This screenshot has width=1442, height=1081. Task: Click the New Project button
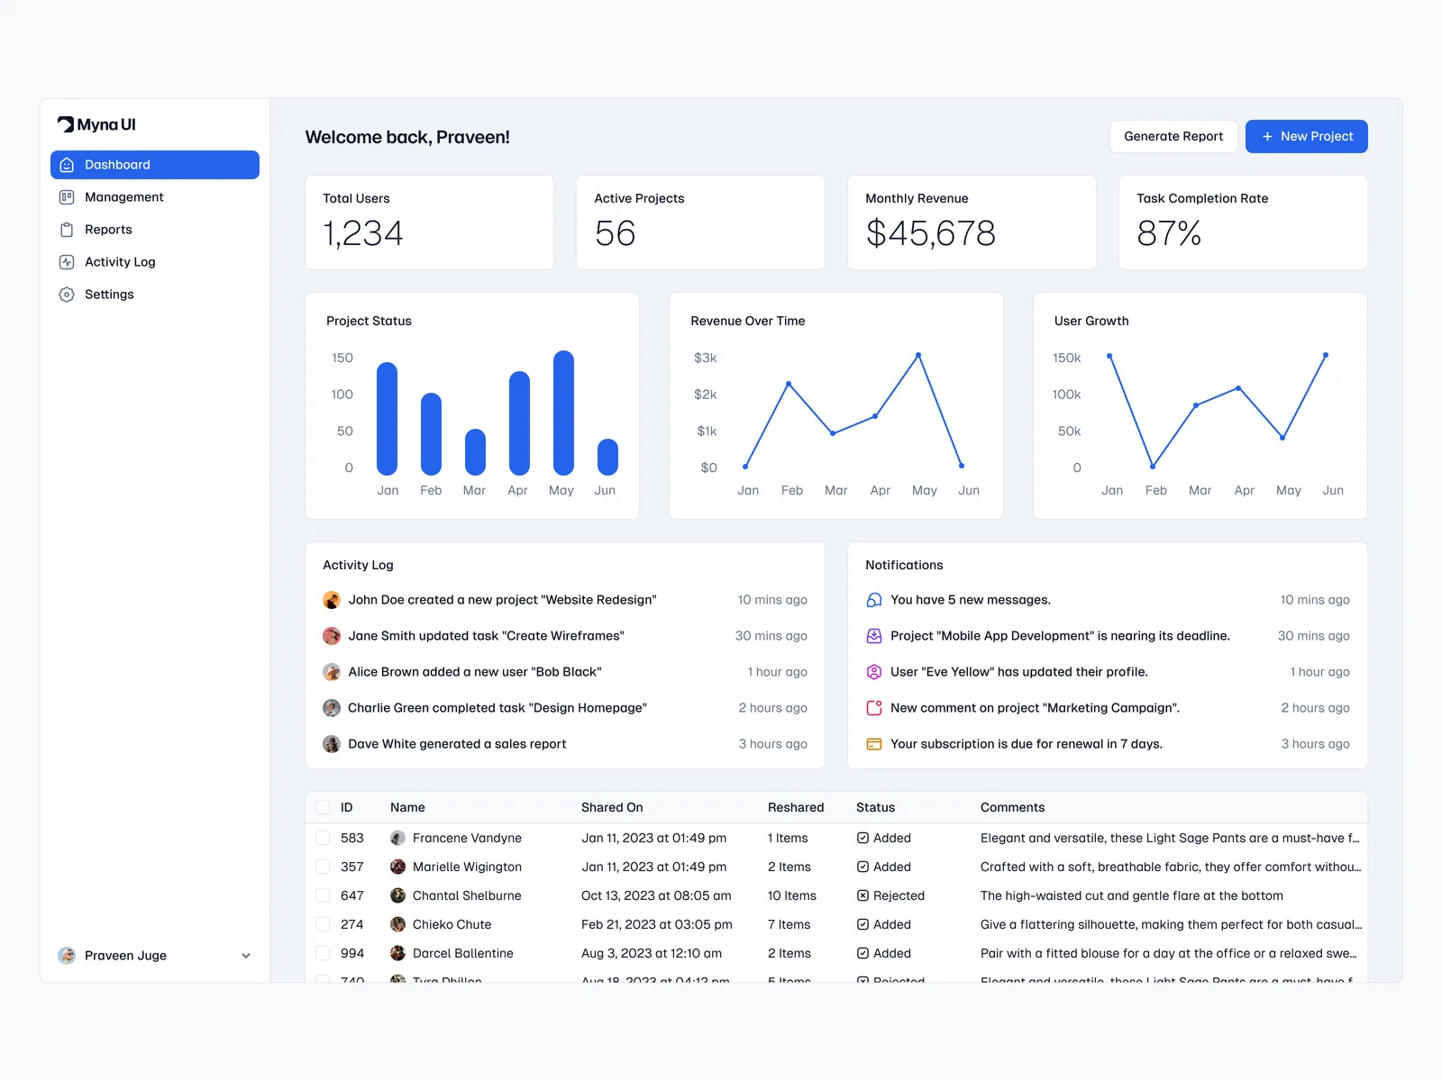[1306, 136]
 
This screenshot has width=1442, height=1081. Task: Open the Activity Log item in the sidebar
[120, 262]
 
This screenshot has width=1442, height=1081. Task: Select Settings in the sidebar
[109, 295]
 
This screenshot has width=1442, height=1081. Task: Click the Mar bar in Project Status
[475, 452]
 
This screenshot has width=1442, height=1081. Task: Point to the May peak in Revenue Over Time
[918, 356]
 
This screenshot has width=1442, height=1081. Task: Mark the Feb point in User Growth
[1153, 466]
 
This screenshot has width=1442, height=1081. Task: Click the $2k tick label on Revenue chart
[706, 395]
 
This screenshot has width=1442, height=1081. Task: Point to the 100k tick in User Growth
[1066, 395]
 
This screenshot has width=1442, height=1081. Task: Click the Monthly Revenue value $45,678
[930, 233]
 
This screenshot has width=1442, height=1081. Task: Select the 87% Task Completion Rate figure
[1169, 233]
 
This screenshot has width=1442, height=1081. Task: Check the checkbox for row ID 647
[323, 895]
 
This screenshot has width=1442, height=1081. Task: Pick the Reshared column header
[796, 807]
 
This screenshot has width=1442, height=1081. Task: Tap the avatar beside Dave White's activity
[332, 744]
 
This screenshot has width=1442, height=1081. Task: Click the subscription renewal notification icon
[874, 744]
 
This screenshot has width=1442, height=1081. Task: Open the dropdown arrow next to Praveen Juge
[246, 956]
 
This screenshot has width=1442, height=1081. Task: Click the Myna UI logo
[96, 124]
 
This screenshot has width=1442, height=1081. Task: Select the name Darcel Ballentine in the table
[462, 953]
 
